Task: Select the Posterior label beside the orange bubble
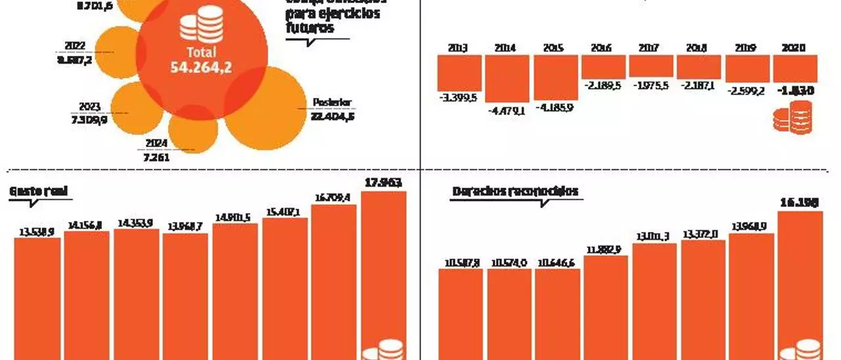(332, 102)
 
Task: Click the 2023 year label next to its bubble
(89, 106)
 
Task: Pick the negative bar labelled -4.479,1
(507, 78)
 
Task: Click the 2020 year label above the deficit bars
(795, 48)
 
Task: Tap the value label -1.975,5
(651, 85)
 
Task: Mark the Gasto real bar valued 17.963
(384, 276)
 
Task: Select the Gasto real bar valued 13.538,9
(37, 299)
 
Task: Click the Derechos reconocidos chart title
(515, 191)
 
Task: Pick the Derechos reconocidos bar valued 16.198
(800, 286)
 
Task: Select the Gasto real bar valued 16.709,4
(334, 282)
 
